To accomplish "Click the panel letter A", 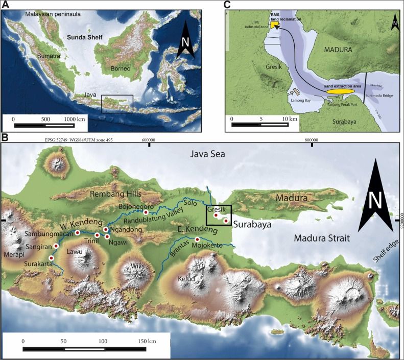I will coord(5,5).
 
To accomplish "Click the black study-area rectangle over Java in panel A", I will coord(117,104).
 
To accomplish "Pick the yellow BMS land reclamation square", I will coord(275,24).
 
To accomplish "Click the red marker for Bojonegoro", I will coord(146,212).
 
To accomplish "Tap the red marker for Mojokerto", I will coord(197,239).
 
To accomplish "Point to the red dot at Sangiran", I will coord(56,246).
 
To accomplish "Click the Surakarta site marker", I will coord(51,258).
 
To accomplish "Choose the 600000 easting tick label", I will coord(149,139).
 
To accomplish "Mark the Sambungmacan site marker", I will coord(78,232).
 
